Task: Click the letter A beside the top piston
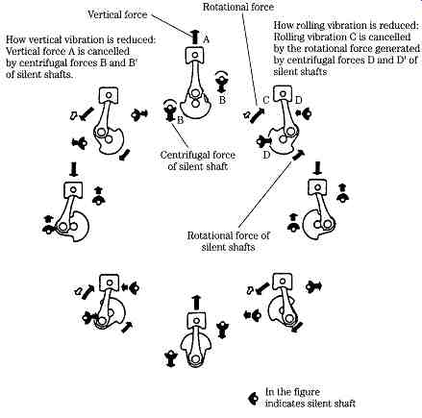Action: [207, 39]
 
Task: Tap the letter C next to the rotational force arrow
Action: [265, 100]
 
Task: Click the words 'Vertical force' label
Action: [117, 14]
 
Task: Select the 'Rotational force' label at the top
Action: [238, 7]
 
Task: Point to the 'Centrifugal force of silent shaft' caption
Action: [198, 160]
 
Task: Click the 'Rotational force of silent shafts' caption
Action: [228, 241]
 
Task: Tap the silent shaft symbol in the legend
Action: [253, 398]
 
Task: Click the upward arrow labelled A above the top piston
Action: [194, 37]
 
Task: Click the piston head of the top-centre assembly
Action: [195, 55]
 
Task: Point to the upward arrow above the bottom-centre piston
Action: [196, 302]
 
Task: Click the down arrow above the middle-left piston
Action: [74, 169]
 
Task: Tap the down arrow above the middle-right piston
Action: [318, 168]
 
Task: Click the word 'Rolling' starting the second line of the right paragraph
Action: [288, 37]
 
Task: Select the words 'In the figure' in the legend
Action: [292, 392]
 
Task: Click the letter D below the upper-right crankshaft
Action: [266, 155]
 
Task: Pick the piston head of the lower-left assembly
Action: [110, 283]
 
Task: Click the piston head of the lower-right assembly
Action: [283, 282]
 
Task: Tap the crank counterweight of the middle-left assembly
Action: [79, 227]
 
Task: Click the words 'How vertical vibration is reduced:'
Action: [81, 39]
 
